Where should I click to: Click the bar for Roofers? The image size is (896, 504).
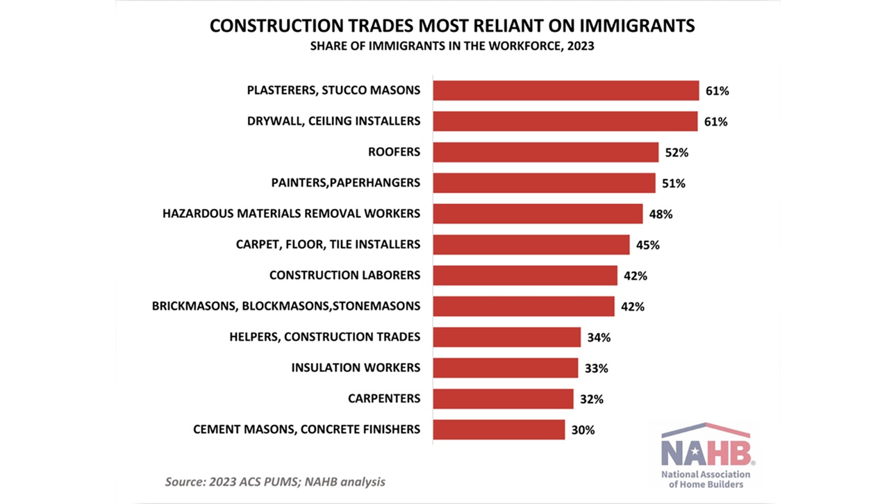[x=545, y=152]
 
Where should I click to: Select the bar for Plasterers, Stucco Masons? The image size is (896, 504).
[x=565, y=90]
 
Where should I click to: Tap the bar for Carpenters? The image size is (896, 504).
[x=503, y=398]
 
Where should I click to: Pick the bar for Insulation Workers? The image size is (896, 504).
[x=505, y=368]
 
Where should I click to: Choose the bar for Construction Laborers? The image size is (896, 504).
[x=524, y=276]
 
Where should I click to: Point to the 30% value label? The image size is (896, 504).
[x=583, y=430]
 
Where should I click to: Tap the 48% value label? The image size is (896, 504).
[x=661, y=215]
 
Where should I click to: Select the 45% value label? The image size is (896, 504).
[x=647, y=245]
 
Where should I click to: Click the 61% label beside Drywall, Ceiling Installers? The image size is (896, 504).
[x=715, y=121]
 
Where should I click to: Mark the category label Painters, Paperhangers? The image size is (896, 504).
[x=345, y=183]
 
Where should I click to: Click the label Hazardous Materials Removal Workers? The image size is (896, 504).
[x=291, y=213]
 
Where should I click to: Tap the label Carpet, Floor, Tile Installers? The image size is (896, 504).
[x=328, y=244]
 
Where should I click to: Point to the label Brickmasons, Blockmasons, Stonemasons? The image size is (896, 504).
[x=286, y=305]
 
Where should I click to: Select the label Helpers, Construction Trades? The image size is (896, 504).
[x=324, y=337]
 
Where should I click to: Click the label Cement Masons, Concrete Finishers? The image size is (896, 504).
[x=306, y=429]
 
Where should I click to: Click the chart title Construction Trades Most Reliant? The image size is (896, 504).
[x=452, y=26]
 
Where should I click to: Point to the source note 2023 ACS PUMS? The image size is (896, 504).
[x=274, y=481]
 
